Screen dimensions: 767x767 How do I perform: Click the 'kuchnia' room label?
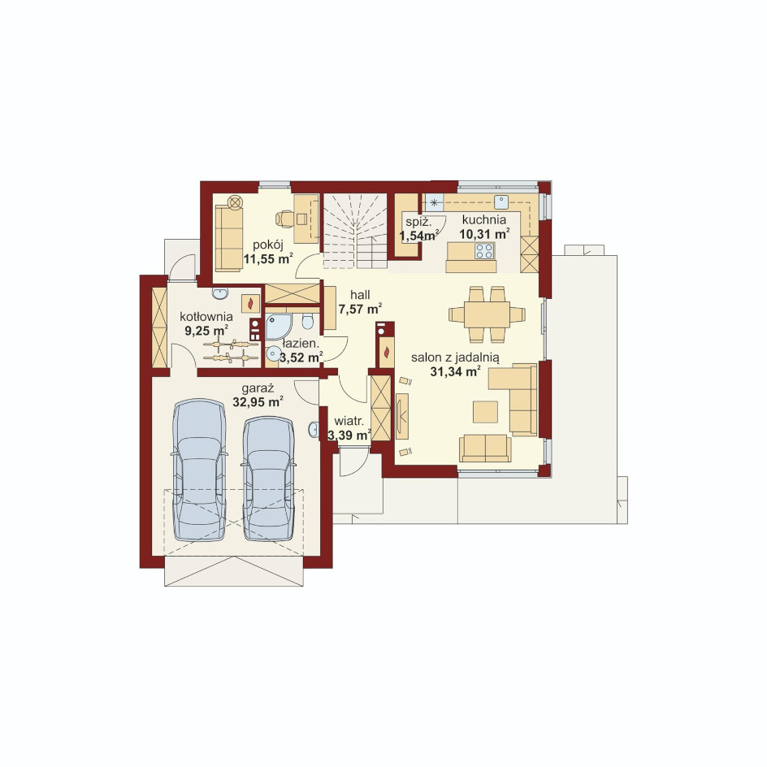[x=483, y=220]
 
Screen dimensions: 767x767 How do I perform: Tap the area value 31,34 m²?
[x=455, y=372]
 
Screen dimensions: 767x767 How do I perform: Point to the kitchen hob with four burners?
[x=484, y=250]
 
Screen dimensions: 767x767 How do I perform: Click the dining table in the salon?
[x=487, y=314]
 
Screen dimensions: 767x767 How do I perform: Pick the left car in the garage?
[x=200, y=470]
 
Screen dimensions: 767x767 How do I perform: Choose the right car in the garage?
[x=269, y=479]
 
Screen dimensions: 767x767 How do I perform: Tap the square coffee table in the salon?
[x=485, y=412]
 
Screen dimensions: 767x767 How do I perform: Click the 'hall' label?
[x=360, y=295]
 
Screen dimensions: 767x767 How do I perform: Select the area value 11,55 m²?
[x=268, y=258]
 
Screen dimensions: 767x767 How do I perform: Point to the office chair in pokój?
[x=284, y=219]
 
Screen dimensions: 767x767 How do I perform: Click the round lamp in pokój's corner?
[x=236, y=201]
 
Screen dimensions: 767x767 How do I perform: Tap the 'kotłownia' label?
[x=206, y=317]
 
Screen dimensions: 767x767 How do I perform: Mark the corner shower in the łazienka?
[x=279, y=327]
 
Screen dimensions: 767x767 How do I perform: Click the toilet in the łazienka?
[x=308, y=322]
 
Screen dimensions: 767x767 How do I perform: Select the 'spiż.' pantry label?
[x=418, y=221]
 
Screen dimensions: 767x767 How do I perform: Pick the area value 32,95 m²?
[x=258, y=402]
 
